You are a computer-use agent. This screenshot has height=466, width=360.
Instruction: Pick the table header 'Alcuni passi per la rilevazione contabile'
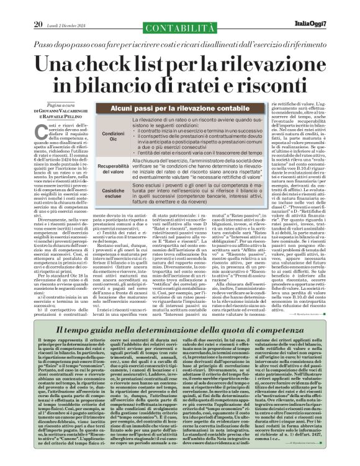click(180, 108)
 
